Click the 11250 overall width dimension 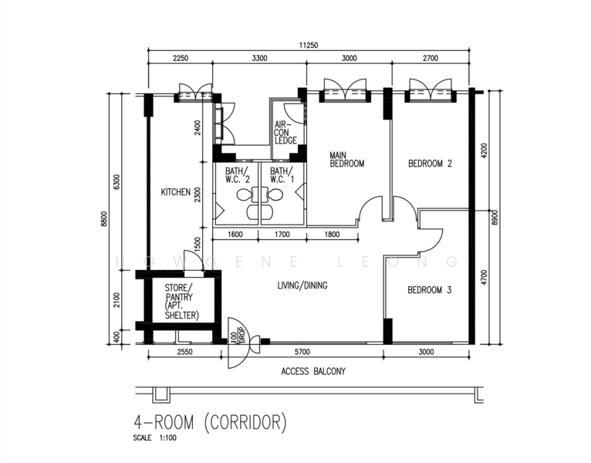[x=309, y=46]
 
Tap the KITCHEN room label [x=176, y=192]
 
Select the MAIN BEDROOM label [x=346, y=160]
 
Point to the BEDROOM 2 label [x=430, y=164]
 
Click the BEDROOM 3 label [x=429, y=290]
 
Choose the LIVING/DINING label [x=302, y=286]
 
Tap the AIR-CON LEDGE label [x=285, y=132]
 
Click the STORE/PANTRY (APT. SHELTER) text [x=181, y=302]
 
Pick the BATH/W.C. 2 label [x=238, y=175]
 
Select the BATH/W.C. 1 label [x=282, y=175]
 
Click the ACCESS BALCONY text [x=313, y=371]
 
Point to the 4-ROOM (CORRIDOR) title [x=211, y=422]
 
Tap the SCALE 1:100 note [x=154, y=438]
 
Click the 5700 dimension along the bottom [x=302, y=352]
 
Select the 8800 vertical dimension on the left [x=104, y=218]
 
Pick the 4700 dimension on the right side [x=485, y=278]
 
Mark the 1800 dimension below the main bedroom [x=332, y=235]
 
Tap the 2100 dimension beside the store [x=117, y=299]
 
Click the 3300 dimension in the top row [x=259, y=58]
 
